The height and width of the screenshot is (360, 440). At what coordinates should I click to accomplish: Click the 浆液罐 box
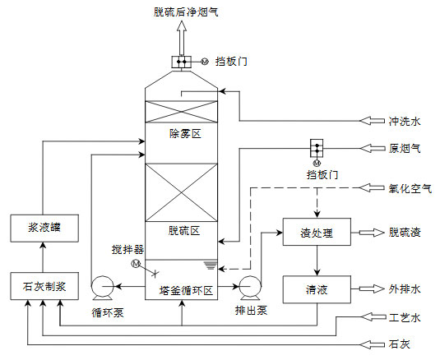[x=42, y=229]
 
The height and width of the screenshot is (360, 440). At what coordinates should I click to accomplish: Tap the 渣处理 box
[x=316, y=233]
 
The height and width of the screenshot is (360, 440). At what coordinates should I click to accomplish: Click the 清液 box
[x=316, y=289]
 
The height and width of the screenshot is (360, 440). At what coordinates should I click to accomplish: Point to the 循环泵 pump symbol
[x=103, y=288]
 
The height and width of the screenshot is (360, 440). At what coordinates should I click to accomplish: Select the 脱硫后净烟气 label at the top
[x=185, y=11]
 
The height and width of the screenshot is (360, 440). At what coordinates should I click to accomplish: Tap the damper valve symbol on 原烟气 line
[x=315, y=149]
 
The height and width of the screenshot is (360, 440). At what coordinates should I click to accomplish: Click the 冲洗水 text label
[x=404, y=122]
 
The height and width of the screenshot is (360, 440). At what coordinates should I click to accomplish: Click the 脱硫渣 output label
[x=404, y=233]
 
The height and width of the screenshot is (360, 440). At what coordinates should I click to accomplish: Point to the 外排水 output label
[x=404, y=289]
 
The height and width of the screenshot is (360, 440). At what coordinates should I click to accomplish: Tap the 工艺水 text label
[x=404, y=316]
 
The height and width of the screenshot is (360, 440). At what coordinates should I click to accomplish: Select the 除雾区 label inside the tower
[x=184, y=133]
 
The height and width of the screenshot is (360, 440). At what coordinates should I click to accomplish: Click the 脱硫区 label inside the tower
[x=184, y=230]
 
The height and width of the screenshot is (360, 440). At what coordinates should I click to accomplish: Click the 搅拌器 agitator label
[x=128, y=248]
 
